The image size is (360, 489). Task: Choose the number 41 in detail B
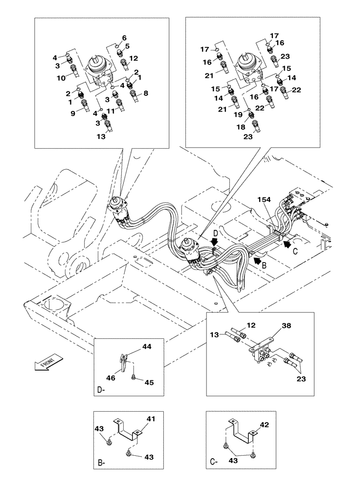151,419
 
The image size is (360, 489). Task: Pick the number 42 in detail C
264,425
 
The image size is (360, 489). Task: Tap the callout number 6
124,38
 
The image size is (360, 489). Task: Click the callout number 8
145,92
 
